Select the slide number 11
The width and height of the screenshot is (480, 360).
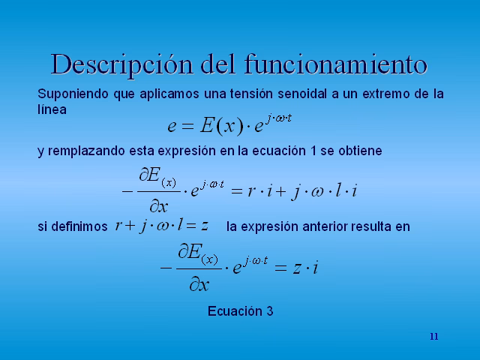pos(433,336)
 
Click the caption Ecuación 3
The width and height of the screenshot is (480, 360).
pos(240,310)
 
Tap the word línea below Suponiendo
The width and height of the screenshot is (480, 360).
pos(52,109)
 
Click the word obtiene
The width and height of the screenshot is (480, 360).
pos(360,151)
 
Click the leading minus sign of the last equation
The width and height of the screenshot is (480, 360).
pos(165,268)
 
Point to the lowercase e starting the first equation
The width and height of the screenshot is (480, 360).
pos(172,126)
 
